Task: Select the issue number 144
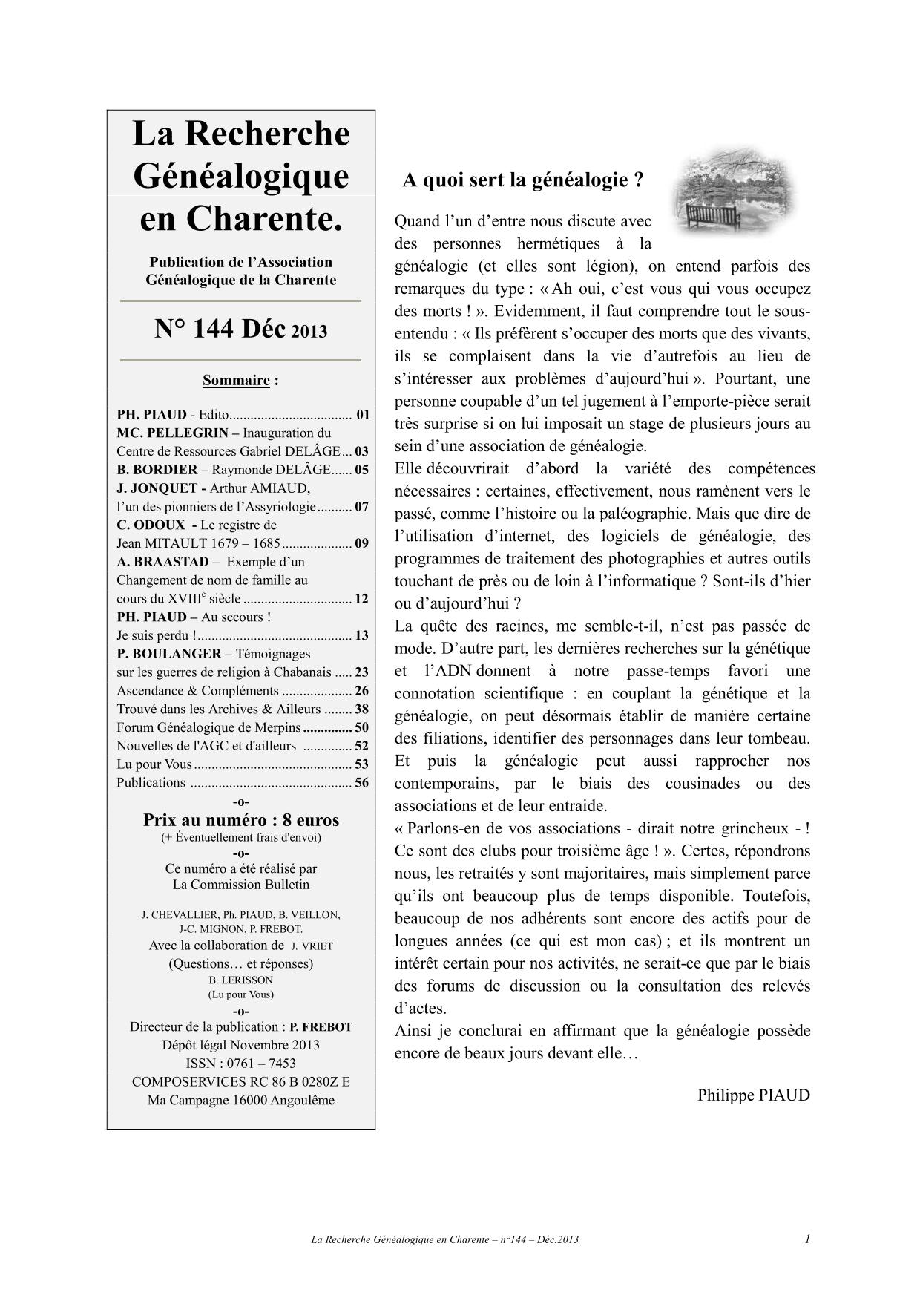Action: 214,329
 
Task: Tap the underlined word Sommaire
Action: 236,381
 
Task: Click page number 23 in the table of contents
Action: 361,672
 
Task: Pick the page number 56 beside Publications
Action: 361,782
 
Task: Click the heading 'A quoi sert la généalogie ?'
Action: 522,180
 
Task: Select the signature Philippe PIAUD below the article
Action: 753,1095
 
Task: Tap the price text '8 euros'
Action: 311,820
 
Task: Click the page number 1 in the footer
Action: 807,1239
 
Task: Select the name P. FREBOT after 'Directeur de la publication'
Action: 321,1027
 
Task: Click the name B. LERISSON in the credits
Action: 241,980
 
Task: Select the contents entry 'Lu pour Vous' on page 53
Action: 154,764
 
